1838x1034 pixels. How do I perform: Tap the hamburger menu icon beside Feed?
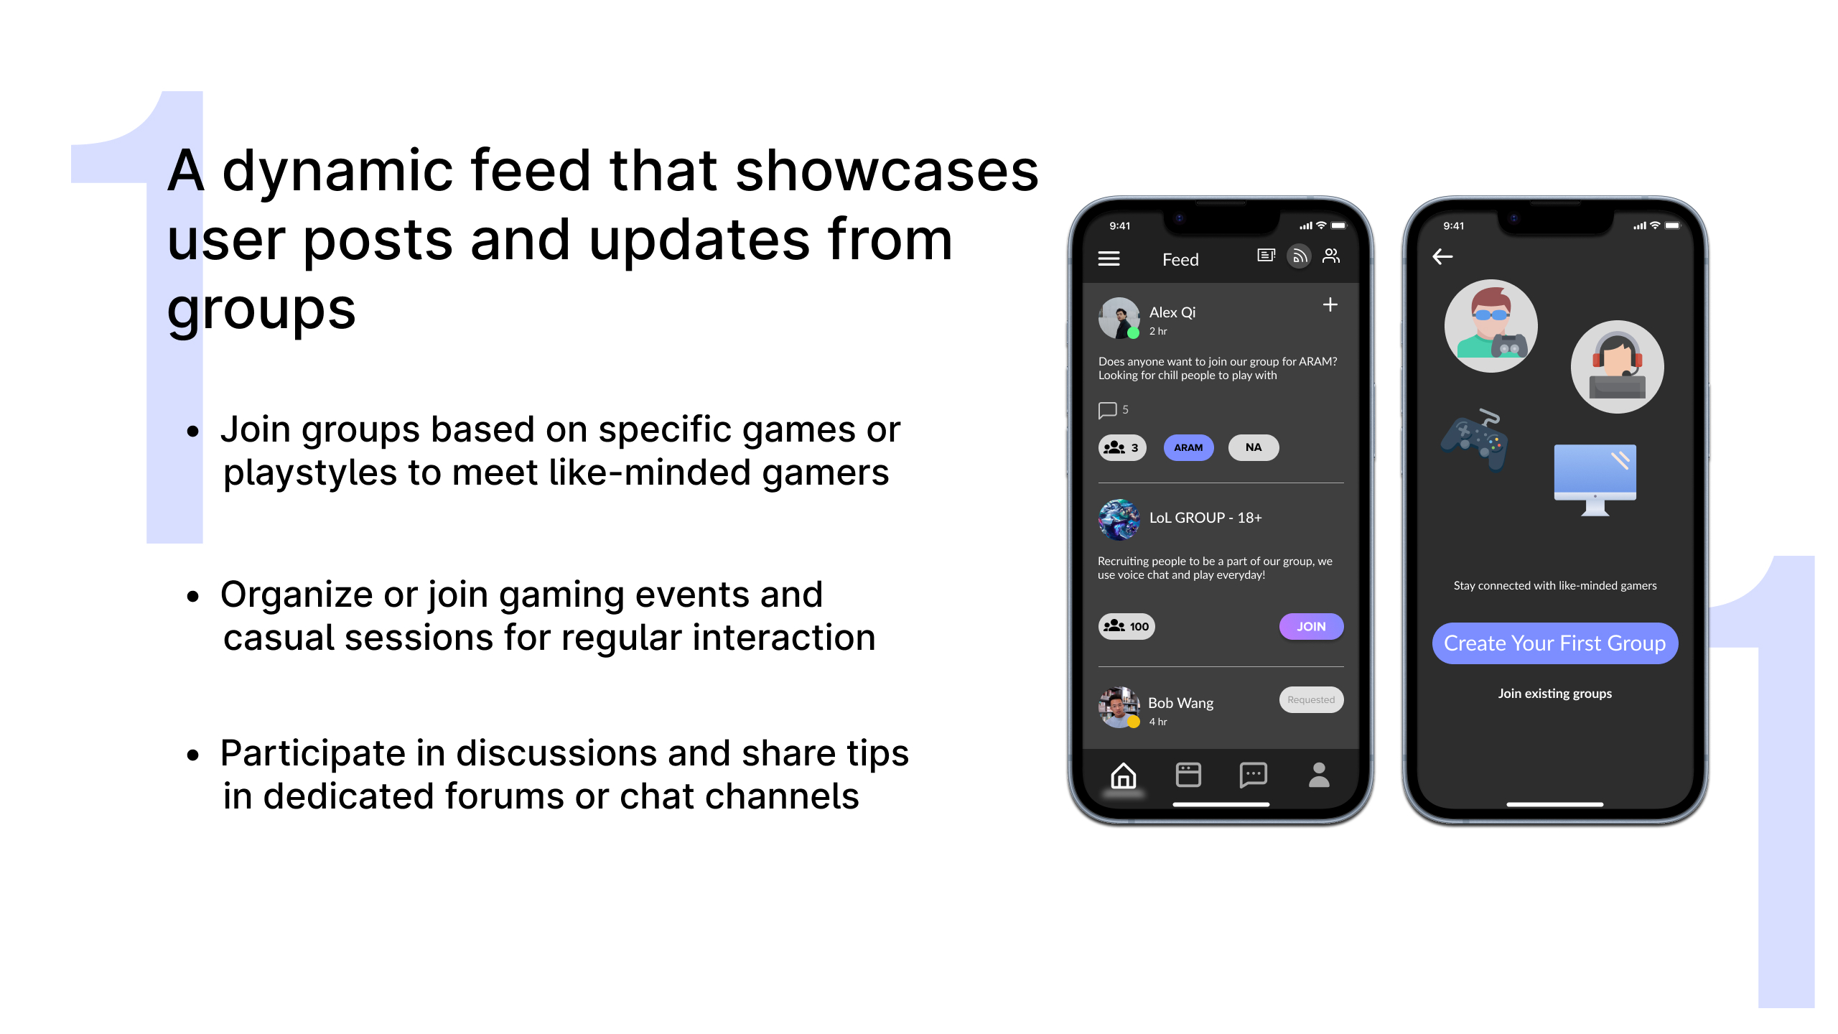tap(1109, 258)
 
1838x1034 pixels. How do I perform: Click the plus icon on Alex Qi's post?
tap(1330, 305)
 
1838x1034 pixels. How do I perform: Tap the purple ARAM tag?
tap(1188, 447)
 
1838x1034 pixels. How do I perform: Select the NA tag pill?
tap(1254, 447)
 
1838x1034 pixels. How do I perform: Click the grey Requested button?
tap(1311, 699)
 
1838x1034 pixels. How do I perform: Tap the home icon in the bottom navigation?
tap(1124, 775)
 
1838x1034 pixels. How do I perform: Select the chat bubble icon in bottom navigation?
tap(1254, 775)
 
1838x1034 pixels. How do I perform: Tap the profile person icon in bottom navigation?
tap(1319, 775)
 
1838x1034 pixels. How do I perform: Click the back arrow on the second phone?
tap(1442, 257)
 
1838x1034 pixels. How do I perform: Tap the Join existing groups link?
tap(1555, 694)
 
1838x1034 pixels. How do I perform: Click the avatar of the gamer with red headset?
tap(1618, 367)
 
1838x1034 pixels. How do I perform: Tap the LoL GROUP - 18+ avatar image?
tap(1119, 519)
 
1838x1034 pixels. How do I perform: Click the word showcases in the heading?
tap(887, 171)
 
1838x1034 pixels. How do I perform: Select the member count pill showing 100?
tap(1126, 626)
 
